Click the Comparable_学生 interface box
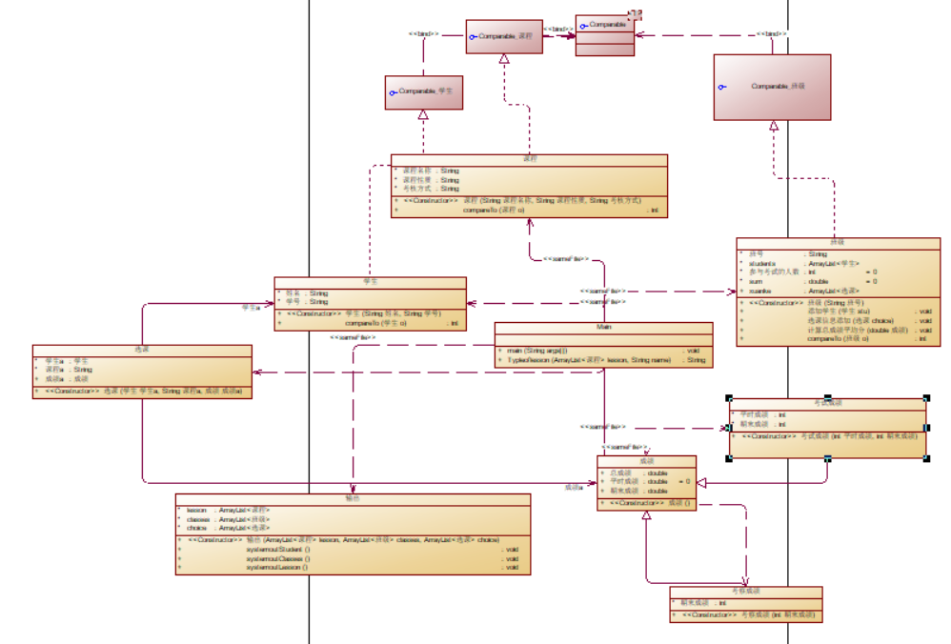click(423, 92)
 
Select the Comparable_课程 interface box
click(504, 36)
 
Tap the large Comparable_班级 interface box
click(772, 87)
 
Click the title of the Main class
click(603, 327)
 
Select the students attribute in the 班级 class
click(768, 263)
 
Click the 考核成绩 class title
click(746, 591)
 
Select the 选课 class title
click(142, 350)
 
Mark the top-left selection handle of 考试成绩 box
click(730, 398)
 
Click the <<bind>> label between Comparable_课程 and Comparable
click(557, 30)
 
